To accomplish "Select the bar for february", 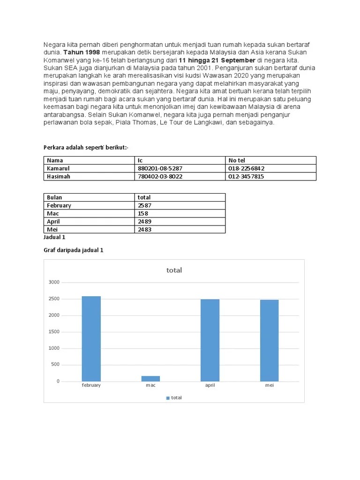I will (x=91, y=338).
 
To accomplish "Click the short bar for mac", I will (x=150, y=378).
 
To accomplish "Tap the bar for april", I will (x=210, y=340).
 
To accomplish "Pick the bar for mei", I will (x=269, y=340).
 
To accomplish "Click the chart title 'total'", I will (x=174, y=270).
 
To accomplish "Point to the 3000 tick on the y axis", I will (x=54, y=282).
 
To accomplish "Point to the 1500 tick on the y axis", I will (x=54, y=332).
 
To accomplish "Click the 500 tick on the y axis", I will (x=55, y=365).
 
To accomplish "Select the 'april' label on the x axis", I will (x=210, y=385).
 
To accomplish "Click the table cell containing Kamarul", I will (x=58, y=168).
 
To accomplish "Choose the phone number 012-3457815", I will (x=246, y=176).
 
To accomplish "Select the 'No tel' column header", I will (x=237, y=160).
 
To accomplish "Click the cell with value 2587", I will (x=145, y=205).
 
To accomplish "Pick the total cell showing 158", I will (x=143, y=213).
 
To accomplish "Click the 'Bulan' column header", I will (x=54, y=197).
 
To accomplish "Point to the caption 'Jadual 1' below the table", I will (x=54, y=237).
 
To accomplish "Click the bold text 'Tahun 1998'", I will (x=82, y=52).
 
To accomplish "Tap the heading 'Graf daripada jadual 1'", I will (x=73, y=250).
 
